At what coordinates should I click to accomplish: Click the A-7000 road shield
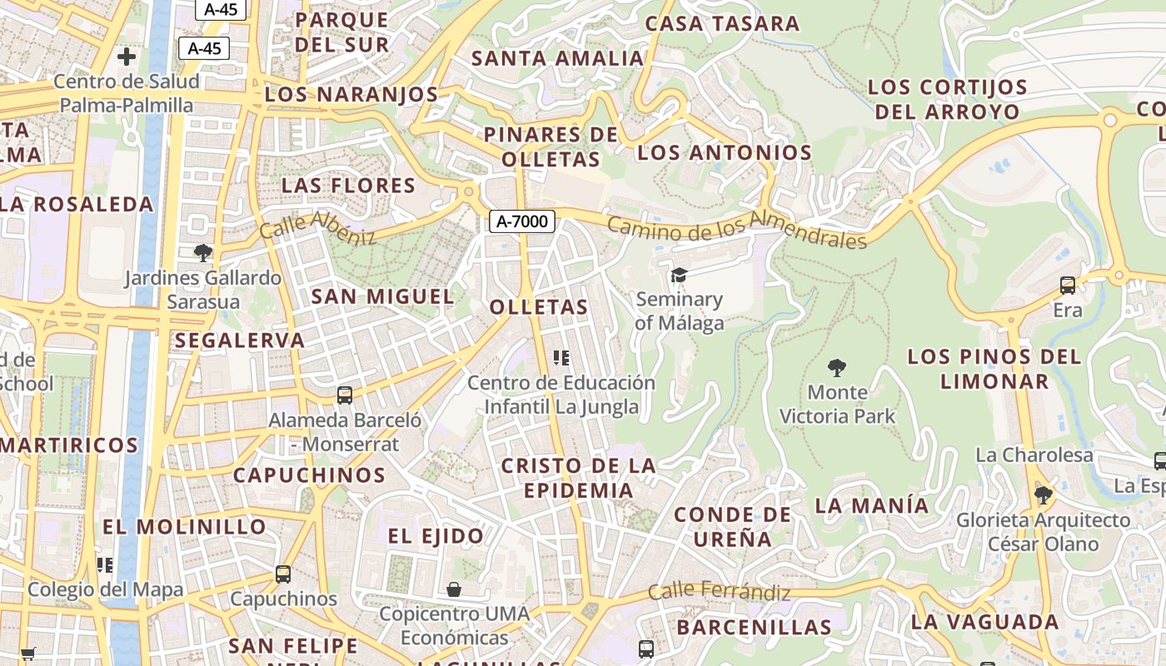(x=522, y=221)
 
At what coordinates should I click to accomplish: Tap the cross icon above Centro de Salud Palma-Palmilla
(x=127, y=57)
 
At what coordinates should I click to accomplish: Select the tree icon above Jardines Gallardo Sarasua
(x=202, y=252)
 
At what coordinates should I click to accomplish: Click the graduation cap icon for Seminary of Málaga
(x=680, y=275)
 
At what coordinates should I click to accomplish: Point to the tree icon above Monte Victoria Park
(x=837, y=367)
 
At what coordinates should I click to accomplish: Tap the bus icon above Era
(x=1068, y=286)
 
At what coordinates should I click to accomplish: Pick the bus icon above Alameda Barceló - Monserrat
(x=345, y=395)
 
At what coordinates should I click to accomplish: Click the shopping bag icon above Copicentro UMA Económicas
(x=454, y=589)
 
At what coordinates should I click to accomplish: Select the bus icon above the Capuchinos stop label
(x=283, y=574)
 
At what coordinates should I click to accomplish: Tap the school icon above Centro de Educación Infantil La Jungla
(x=561, y=358)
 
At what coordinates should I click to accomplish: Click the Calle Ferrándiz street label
(x=719, y=592)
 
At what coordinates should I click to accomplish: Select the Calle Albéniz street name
(x=317, y=226)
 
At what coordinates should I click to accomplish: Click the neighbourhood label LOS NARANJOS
(x=351, y=95)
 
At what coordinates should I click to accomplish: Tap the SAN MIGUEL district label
(x=382, y=296)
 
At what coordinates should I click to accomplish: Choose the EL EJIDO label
(x=436, y=536)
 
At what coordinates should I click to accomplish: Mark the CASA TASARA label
(x=722, y=23)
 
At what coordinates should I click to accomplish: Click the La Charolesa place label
(x=1034, y=455)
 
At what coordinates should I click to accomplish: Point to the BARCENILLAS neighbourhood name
(x=754, y=627)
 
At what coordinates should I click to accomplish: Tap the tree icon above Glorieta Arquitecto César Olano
(x=1043, y=495)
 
